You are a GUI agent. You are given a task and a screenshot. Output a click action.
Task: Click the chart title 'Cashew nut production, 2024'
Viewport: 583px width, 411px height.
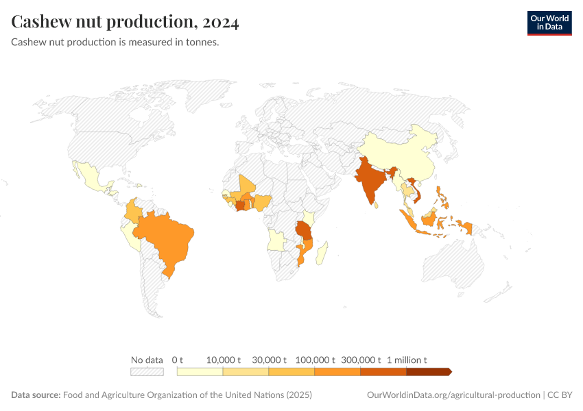[125, 23]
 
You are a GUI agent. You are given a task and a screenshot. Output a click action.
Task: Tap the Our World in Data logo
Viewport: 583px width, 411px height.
[549, 23]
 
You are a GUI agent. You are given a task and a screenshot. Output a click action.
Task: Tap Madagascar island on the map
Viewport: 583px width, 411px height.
[322, 251]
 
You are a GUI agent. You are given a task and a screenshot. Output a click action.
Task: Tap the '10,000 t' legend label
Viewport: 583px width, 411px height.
[224, 360]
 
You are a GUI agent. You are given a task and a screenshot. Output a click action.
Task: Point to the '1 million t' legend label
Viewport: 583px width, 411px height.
[407, 360]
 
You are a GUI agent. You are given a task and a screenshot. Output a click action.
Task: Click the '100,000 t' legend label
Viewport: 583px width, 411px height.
[315, 360]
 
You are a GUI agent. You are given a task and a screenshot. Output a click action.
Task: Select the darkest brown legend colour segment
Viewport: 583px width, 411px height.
[428, 372]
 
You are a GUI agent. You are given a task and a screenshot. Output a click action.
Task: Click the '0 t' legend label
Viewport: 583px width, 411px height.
[178, 360]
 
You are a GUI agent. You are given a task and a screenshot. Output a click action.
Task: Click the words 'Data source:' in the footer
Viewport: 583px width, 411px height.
[36, 395]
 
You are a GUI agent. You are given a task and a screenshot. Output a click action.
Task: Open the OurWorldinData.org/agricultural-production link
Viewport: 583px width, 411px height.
[453, 395]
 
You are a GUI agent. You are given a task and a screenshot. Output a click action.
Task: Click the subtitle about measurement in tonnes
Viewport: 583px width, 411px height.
[115, 42]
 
